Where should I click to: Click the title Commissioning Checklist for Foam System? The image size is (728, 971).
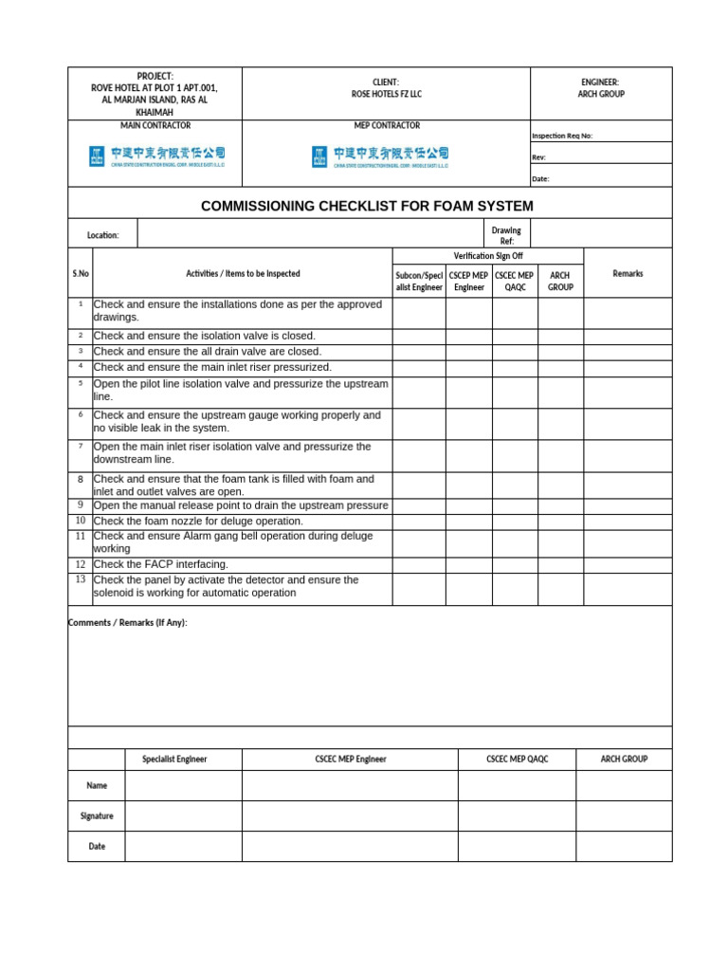(x=367, y=206)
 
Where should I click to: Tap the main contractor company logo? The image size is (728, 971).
(x=156, y=156)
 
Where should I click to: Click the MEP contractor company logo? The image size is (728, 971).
(x=380, y=156)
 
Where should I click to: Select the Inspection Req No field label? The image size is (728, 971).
(x=562, y=136)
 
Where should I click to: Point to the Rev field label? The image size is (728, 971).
(x=538, y=157)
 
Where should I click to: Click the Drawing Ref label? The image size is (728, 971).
(x=506, y=235)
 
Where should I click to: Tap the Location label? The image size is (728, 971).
(x=102, y=235)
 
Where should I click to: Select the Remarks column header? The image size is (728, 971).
(x=628, y=274)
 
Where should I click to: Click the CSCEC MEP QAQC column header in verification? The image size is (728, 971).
(x=515, y=281)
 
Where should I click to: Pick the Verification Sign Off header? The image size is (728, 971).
(x=487, y=256)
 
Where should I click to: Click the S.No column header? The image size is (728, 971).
(x=81, y=274)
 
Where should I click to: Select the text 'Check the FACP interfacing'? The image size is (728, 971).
(x=161, y=564)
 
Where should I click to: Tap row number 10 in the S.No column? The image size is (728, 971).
(x=81, y=521)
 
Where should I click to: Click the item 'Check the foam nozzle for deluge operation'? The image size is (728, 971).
(x=198, y=521)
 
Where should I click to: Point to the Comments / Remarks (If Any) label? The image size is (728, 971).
(x=128, y=622)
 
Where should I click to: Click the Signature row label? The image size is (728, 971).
(x=97, y=815)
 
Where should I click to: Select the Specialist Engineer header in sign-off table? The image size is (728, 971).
(x=174, y=759)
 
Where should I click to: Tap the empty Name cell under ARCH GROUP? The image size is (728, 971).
(x=624, y=785)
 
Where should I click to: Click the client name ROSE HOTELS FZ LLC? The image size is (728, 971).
(x=386, y=95)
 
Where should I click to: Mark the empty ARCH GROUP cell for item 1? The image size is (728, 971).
(x=560, y=312)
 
